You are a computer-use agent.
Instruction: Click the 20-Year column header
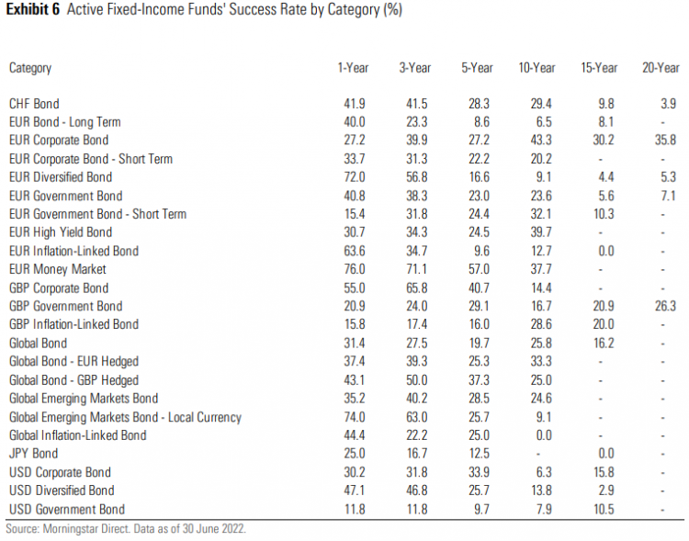661,68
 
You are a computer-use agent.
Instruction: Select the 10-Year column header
537,68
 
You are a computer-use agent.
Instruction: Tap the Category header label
30,68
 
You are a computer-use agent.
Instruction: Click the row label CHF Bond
34,104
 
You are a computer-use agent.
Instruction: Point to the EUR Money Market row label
58,269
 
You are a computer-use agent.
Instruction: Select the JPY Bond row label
33,454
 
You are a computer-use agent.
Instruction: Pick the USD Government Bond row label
66,509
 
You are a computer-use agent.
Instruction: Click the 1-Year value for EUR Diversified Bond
354,177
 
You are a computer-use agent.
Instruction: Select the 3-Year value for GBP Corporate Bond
416,287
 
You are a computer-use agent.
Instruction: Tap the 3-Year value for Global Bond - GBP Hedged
416,380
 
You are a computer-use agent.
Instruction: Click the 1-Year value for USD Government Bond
354,509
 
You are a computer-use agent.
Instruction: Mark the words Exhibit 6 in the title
33,11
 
